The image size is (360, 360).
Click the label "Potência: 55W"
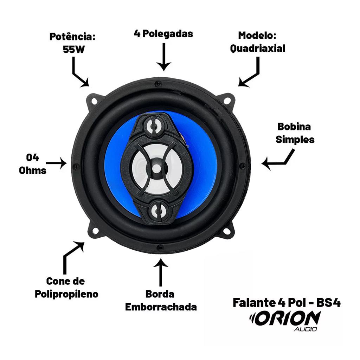[73, 43]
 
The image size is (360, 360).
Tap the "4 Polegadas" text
[163, 34]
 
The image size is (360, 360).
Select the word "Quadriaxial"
[257, 49]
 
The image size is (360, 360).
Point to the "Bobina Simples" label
[295, 133]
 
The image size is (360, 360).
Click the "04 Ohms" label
[33, 164]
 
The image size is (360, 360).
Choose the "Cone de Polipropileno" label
[66, 287]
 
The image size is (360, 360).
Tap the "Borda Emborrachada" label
[161, 300]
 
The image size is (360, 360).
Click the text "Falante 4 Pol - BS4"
[286, 302]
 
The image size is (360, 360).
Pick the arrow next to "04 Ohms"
[56, 163]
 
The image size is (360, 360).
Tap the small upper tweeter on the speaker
[154, 126]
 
